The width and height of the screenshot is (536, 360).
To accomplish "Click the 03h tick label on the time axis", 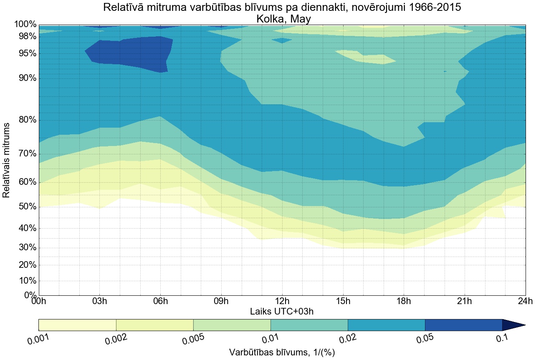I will click(99, 301).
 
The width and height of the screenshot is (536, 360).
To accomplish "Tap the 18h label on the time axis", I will click(404, 301).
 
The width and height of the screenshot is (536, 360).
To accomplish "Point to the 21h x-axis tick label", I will click(465, 301).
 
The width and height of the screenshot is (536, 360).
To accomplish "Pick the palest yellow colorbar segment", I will click(77, 325).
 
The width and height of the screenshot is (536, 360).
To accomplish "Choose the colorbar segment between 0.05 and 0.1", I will click(463, 325).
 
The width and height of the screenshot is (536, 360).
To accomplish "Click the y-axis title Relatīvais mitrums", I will click(7, 160).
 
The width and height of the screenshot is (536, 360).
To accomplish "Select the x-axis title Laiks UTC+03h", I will click(282, 311).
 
